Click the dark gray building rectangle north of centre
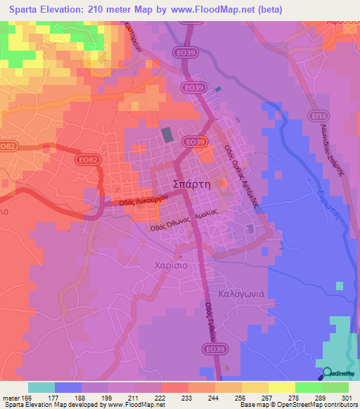[x=167, y=134]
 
